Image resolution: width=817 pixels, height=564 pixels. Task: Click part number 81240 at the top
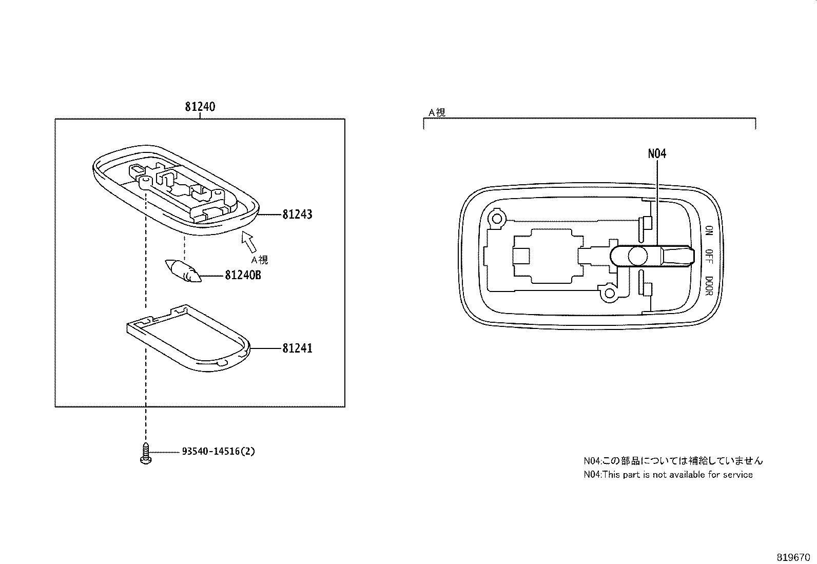(200, 107)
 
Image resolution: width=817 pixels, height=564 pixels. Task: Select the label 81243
(297, 215)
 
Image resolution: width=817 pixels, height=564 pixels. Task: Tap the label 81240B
(243, 276)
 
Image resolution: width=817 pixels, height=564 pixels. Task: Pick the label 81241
(297, 348)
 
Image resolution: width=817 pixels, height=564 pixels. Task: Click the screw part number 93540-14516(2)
(218, 452)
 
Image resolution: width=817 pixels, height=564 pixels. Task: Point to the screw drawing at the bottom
(146, 454)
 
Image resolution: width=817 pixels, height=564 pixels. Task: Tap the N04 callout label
(657, 153)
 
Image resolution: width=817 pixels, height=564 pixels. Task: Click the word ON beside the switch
(709, 230)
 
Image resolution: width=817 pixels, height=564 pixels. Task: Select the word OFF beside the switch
(709, 256)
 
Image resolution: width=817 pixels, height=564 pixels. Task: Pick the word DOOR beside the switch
(709, 285)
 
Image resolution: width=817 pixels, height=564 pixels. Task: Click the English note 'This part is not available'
(668, 475)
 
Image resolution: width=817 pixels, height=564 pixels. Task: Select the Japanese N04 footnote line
(673, 461)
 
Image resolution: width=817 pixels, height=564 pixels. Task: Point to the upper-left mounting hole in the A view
(497, 219)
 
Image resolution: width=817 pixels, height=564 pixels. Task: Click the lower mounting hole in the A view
(610, 293)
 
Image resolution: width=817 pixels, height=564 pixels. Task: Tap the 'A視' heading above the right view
(437, 112)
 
